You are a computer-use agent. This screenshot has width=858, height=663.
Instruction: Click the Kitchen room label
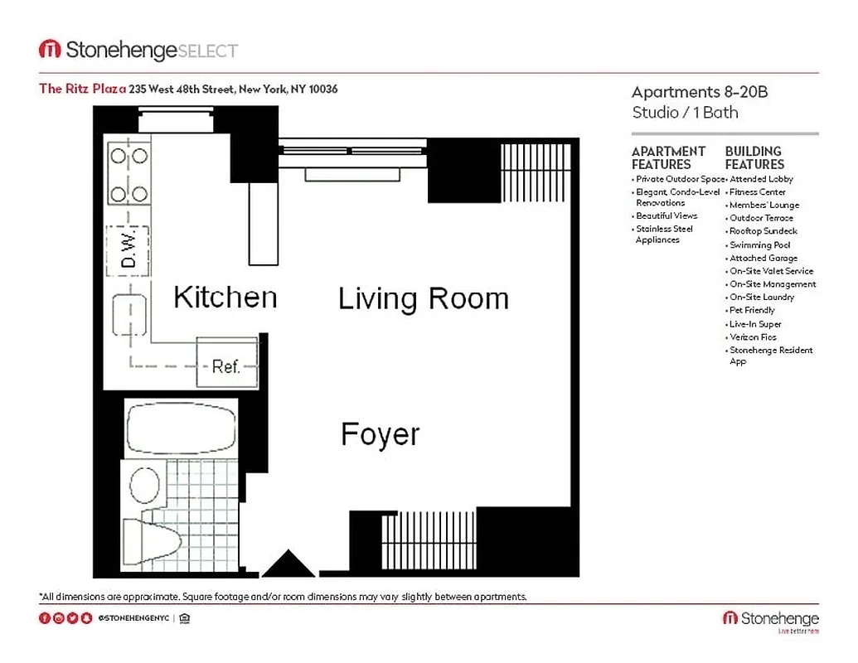point(225,297)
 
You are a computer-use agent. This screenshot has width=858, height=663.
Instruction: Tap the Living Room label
point(423,298)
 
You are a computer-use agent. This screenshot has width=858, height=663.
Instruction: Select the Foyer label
point(381,434)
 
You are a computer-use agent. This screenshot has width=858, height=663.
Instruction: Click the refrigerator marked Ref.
point(226,365)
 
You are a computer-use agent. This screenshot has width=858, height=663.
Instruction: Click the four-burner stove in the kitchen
point(128,174)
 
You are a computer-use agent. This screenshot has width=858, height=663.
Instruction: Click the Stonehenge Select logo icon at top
point(50,50)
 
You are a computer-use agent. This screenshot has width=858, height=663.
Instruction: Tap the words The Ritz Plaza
point(82,89)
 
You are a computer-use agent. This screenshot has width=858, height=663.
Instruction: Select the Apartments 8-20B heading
point(700,92)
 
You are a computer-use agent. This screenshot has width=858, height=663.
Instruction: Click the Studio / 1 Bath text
point(685,112)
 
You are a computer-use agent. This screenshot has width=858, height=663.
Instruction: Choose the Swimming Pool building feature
point(759,244)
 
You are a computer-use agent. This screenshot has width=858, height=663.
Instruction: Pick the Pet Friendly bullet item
point(752,310)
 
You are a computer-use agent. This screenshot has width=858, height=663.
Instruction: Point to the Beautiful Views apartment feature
point(667,215)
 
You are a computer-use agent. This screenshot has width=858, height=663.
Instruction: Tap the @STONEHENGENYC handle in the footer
point(134,618)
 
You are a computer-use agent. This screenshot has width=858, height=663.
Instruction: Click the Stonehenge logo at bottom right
point(770,619)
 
